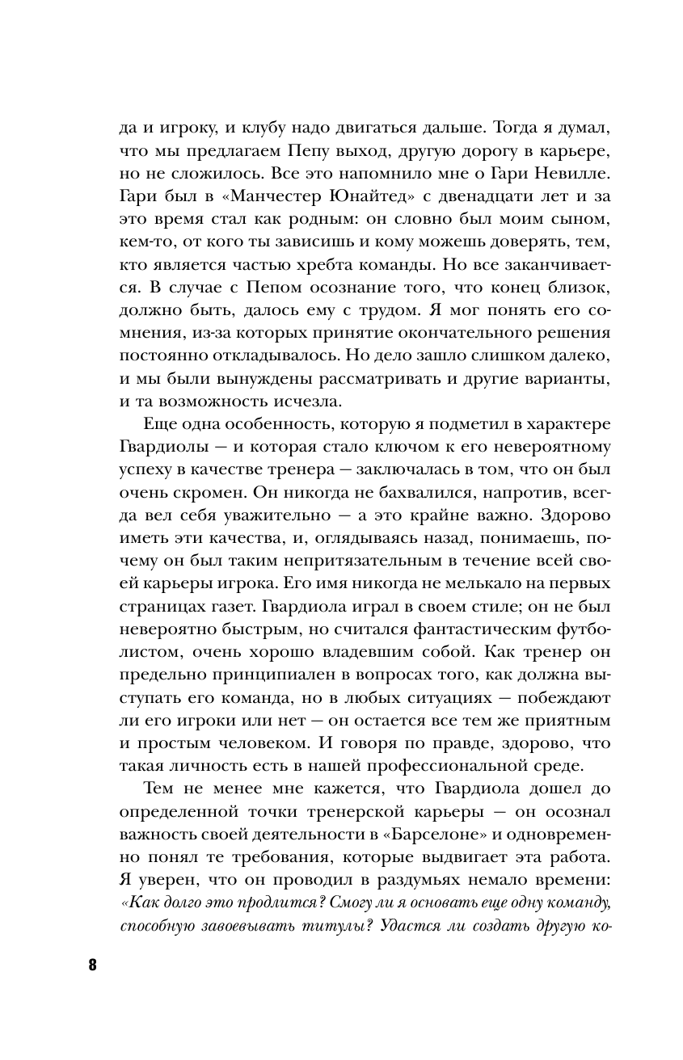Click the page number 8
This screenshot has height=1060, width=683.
[91, 965]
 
